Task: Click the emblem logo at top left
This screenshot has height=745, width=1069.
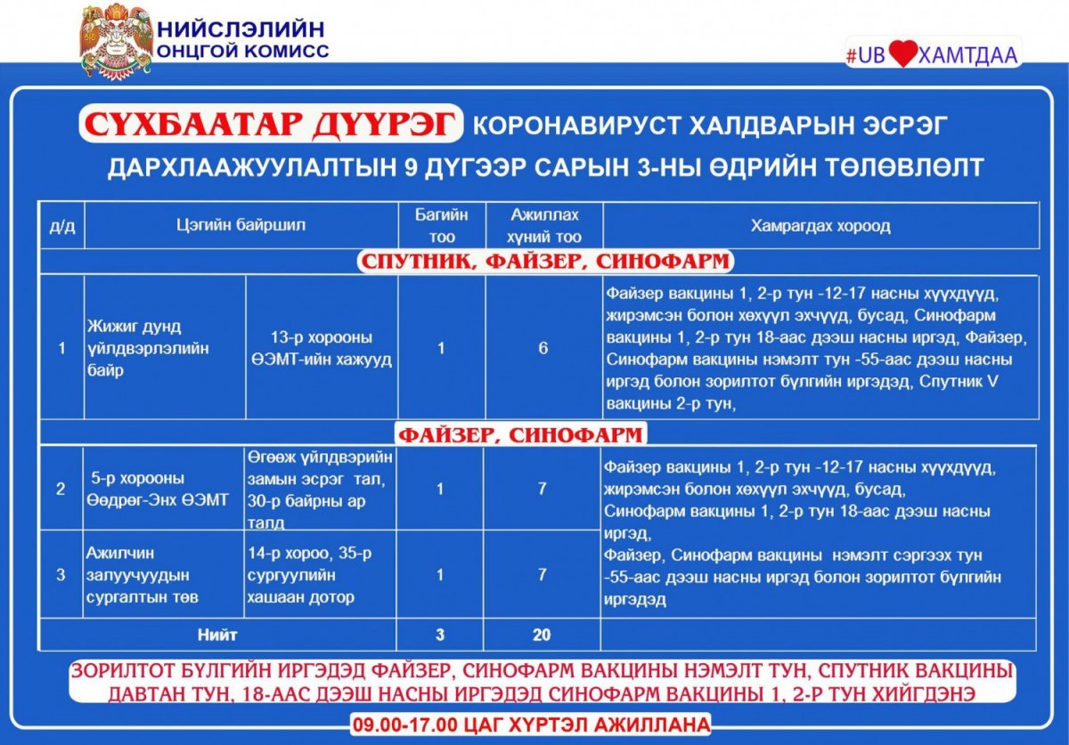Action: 117,40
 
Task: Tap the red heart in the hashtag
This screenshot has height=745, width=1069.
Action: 902,55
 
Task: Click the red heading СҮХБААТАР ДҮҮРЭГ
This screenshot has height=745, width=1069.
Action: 271,126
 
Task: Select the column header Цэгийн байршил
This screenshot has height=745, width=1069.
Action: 241,225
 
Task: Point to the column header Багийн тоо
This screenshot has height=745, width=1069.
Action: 441,226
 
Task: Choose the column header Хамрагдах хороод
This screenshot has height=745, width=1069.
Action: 820,226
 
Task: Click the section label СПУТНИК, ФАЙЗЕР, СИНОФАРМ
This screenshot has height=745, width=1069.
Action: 544,262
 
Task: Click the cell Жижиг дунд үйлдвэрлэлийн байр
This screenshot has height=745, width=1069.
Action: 149,348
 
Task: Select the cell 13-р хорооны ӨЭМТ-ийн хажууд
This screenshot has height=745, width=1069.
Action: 322,348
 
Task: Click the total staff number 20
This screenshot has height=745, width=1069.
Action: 542,636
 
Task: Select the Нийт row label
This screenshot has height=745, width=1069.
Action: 217,636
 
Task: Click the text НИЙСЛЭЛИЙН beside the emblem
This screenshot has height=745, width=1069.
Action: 241,28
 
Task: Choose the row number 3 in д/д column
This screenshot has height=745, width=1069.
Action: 61,575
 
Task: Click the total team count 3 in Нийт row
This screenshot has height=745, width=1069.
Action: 441,636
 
